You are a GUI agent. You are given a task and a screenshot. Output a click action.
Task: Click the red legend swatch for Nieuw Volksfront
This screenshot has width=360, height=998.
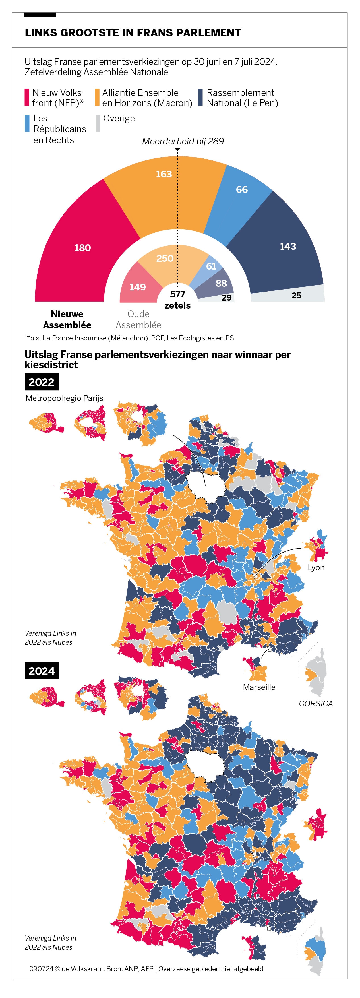point(27,97)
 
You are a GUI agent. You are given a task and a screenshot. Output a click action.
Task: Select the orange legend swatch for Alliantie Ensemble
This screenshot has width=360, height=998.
point(97,97)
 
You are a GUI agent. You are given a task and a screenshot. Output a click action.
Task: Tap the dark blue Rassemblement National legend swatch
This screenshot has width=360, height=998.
point(200,97)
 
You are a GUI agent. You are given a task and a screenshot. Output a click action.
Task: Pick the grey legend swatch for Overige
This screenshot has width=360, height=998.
point(98,123)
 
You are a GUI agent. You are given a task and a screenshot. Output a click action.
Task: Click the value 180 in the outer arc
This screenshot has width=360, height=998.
point(82,248)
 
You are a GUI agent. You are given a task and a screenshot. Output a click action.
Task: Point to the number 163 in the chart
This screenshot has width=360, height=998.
point(164,174)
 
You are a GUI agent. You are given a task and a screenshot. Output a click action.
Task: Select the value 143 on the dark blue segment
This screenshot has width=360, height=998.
point(288,246)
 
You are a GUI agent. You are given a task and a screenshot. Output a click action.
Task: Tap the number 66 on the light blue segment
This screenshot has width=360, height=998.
point(242,189)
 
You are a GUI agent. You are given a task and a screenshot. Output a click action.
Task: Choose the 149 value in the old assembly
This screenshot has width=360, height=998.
point(138,287)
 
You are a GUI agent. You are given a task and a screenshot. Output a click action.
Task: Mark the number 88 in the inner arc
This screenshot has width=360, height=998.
point(221,284)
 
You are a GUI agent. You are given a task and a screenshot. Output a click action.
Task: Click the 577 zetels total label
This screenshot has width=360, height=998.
point(177,299)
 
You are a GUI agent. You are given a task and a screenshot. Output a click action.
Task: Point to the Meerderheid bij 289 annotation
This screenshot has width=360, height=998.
point(183,141)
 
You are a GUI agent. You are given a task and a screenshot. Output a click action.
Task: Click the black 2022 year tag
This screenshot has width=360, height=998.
point(42,382)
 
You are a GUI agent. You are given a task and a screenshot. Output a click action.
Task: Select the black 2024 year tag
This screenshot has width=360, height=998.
point(42,671)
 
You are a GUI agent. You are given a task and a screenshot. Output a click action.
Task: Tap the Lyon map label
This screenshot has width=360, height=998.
point(316,568)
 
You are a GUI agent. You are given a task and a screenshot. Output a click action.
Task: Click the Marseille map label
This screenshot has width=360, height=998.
point(259,687)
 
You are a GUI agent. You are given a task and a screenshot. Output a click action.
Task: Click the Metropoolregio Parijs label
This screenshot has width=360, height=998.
point(64,398)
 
